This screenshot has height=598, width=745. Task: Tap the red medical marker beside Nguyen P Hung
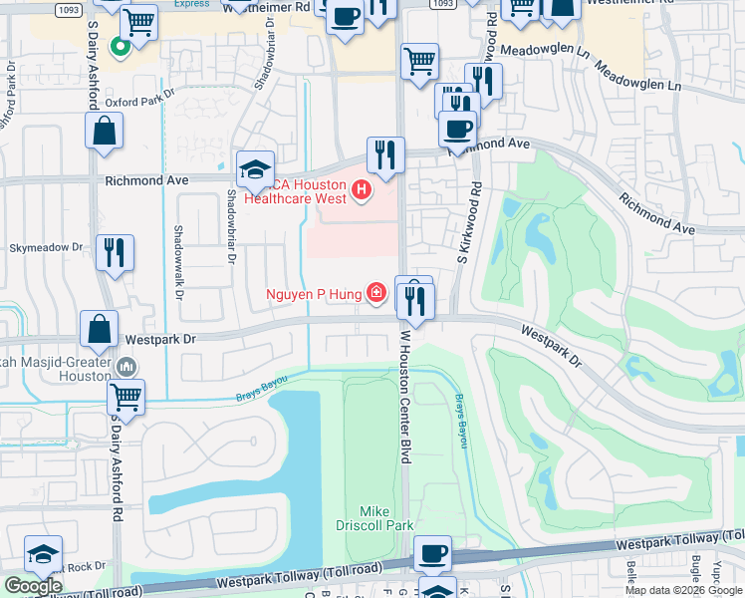[x=375, y=293]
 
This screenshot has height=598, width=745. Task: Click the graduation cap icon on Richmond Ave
[x=255, y=169]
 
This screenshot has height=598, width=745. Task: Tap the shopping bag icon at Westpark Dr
[x=103, y=328]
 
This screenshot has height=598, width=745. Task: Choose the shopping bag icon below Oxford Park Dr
[x=104, y=131]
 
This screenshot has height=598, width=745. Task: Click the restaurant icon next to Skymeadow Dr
[x=115, y=252]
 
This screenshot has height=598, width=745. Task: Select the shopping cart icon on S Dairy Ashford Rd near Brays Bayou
[x=125, y=397]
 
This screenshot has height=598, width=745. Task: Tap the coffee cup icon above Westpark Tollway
[x=432, y=553]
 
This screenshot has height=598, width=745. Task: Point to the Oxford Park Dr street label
[x=139, y=102]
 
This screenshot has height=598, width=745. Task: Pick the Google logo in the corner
[x=34, y=586]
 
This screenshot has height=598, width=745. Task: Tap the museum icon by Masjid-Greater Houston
[x=125, y=366]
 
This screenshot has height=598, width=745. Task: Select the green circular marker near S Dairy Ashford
[x=119, y=46]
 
